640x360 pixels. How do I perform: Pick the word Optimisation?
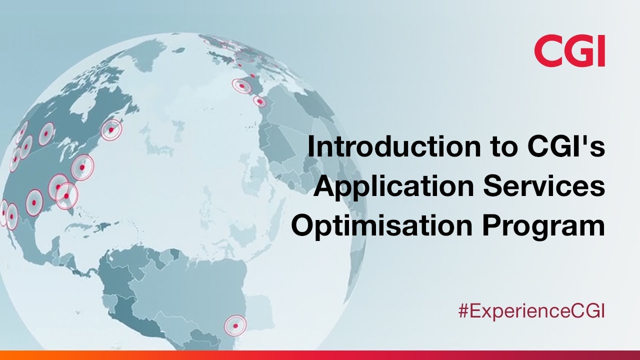[382, 226]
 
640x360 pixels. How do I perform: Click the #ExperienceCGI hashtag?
[531, 311]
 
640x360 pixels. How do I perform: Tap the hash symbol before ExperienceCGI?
[463, 311]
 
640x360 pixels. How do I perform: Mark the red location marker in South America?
[235, 325]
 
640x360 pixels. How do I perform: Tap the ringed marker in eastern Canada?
[111, 129]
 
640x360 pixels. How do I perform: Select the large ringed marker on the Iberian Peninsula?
[242, 86]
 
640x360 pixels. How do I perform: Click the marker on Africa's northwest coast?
[259, 101]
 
